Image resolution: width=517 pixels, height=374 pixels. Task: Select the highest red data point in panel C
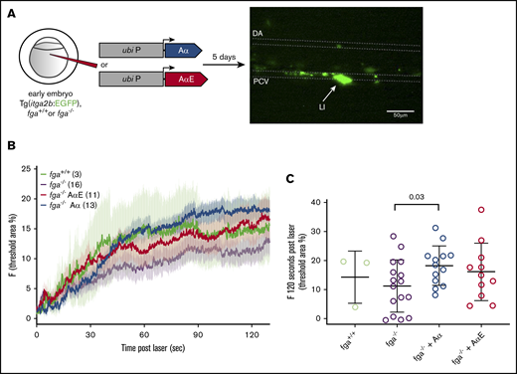pos(479,211)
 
